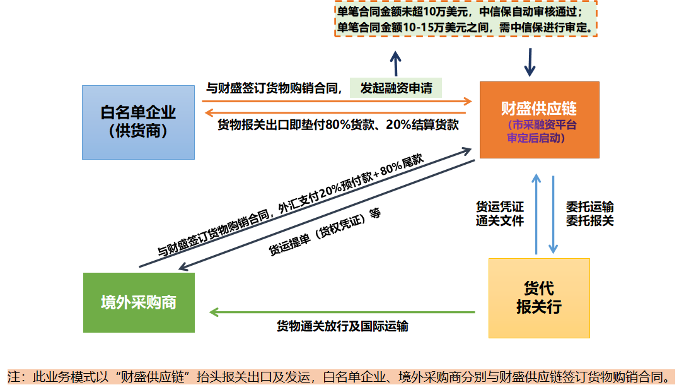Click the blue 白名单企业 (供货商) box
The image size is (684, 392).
[138, 122]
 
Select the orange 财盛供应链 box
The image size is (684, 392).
[539, 119]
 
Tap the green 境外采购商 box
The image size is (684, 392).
[139, 302]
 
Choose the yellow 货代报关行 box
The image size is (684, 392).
[539, 298]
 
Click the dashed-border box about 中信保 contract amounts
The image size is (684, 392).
[465, 20]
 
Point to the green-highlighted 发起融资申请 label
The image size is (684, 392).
[396, 88]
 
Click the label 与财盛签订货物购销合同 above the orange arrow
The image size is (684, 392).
[274, 88]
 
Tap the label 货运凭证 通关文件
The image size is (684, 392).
[499, 213]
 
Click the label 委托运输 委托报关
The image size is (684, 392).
[589, 213]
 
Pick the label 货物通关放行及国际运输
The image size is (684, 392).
[342, 326]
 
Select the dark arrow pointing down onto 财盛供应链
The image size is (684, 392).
[530, 62]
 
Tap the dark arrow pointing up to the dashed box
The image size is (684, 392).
[395, 64]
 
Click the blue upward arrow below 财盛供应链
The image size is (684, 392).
[536, 214]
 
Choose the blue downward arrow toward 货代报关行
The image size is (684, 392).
[553, 214]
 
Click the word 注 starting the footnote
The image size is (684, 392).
[13, 377]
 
